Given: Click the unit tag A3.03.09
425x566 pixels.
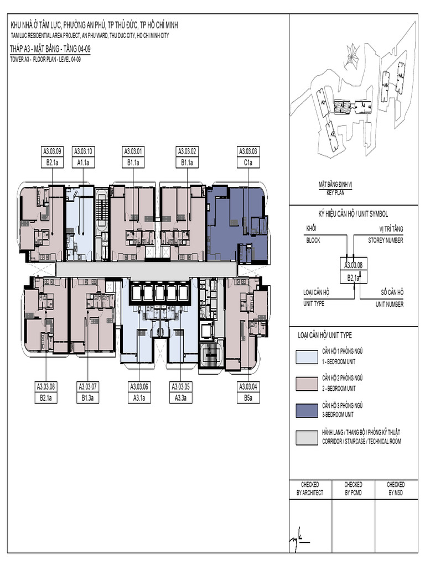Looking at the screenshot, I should [52, 150].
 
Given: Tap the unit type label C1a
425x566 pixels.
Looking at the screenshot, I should [248, 163].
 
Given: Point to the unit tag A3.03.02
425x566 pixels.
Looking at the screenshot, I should [187, 150].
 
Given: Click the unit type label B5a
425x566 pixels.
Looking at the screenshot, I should [248, 397].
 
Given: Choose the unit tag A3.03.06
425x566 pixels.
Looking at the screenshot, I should [141, 386].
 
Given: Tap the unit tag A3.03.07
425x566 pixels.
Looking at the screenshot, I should [87, 386].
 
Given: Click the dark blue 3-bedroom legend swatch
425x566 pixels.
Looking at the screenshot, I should [306, 410].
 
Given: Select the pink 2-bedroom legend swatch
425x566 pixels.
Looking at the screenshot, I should [306, 384].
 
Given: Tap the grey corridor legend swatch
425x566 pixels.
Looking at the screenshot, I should [306, 437].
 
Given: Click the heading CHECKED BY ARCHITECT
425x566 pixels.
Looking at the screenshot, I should [309, 488].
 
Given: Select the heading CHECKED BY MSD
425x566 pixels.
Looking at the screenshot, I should [395, 488].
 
